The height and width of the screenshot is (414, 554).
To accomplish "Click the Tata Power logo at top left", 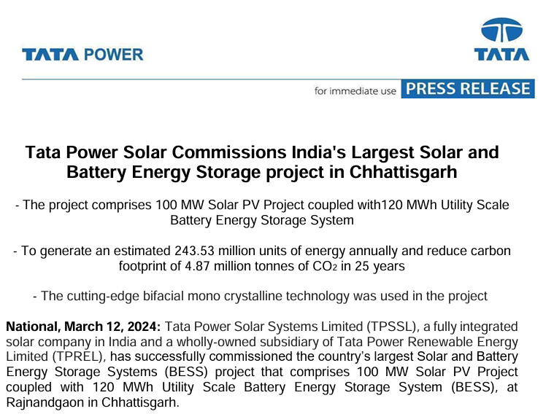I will [x=82, y=55].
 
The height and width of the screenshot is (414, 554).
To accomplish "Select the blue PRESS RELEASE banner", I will [x=468, y=89].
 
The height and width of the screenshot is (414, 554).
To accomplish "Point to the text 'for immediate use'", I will [x=355, y=91].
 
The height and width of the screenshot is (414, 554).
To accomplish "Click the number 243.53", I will [x=199, y=251].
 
